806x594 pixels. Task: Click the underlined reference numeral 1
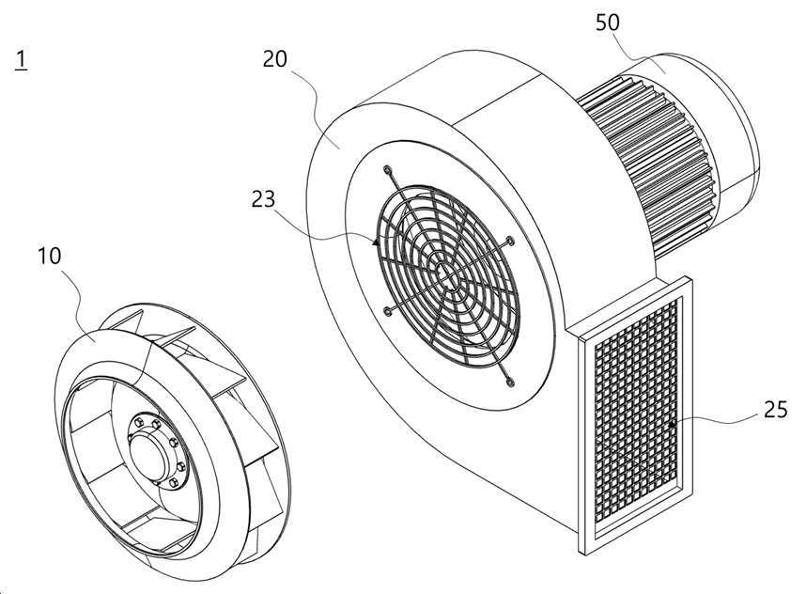tap(21, 60)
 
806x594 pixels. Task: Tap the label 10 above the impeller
tap(50, 256)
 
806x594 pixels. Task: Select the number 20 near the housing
tap(274, 59)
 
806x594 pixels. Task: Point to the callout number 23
tap(263, 199)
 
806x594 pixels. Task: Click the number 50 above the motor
tap(608, 23)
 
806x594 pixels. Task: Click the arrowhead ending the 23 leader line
tap(376, 241)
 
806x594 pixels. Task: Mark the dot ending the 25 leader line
tap(673, 424)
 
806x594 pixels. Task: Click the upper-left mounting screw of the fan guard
tap(387, 169)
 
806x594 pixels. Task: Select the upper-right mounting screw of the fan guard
tap(510, 241)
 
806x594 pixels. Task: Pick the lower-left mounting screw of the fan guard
tap(387, 311)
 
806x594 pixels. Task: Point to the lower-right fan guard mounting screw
tap(510, 382)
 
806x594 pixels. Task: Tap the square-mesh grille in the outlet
tap(636, 412)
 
